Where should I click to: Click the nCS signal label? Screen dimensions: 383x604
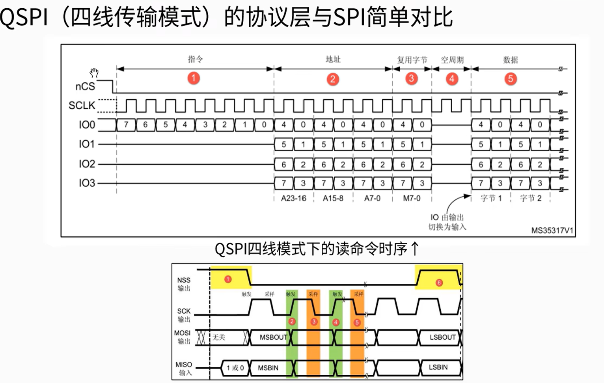[85, 86]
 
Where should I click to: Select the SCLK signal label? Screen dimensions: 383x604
[82, 106]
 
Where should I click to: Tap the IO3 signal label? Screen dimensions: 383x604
[87, 183]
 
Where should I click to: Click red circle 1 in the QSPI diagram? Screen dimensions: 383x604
[193, 78]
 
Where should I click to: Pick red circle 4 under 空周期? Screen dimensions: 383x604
[452, 79]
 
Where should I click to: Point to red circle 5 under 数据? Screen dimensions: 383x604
[510, 79]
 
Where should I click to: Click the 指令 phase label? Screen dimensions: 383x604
[195, 59]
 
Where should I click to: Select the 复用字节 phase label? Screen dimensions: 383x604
[412, 60]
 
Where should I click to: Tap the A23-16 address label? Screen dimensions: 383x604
[293, 198]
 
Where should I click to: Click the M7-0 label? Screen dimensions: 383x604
[412, 198]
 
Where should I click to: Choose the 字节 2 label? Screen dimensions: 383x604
[530, 198]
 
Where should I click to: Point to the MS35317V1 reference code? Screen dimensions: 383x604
[552, 231]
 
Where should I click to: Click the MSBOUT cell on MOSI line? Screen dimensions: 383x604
[273, 337]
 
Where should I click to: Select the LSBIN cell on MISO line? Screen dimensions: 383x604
[438, 367]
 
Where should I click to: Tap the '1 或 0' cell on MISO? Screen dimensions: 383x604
[235, 368]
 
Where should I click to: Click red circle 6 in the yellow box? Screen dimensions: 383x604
[439, 283]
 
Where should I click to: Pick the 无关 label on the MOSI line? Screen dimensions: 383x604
[219, 337]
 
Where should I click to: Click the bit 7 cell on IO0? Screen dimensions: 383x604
[126, 125]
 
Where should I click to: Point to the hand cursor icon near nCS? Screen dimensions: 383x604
[94, 73]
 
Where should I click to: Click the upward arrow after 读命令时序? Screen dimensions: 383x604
[415, 249]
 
